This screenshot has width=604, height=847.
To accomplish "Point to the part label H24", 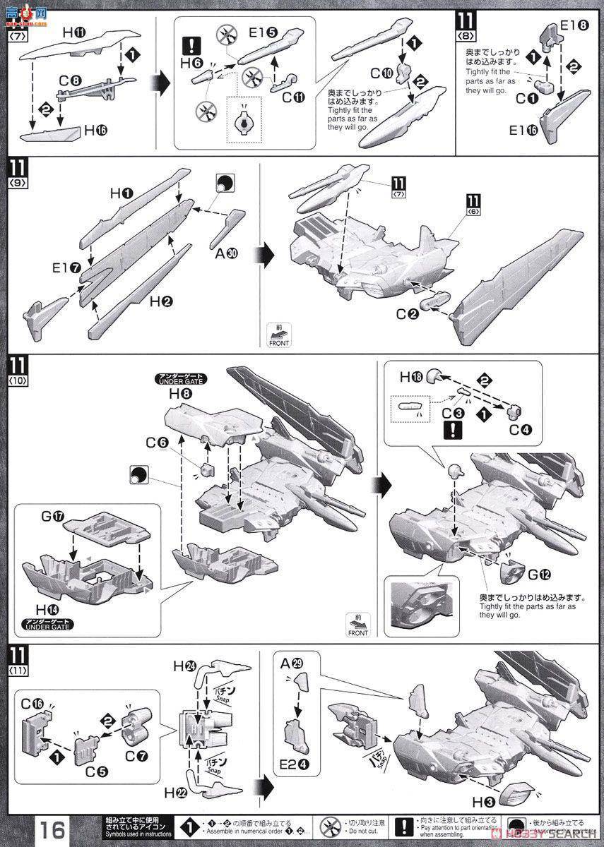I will click(x=186, y=666).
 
